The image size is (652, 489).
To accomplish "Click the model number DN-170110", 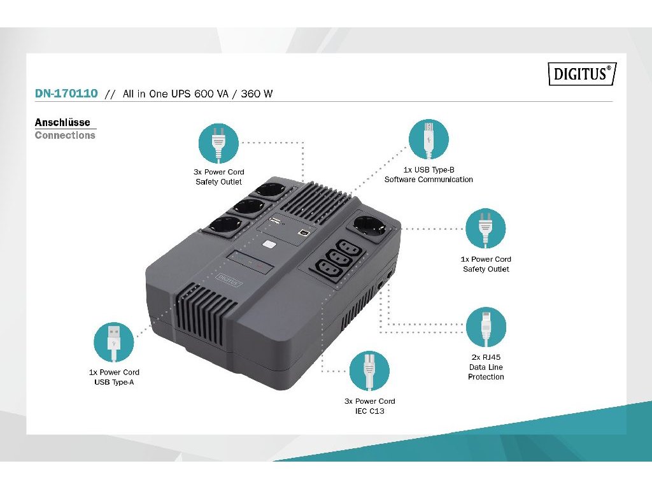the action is point(66,94).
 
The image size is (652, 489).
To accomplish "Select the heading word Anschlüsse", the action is point(62,122).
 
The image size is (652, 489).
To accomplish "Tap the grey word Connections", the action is point(65,135).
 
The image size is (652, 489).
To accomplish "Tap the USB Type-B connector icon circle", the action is point(429,139).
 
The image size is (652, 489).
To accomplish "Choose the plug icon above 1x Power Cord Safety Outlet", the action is point(486,229).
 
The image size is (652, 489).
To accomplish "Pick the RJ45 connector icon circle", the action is point(486,328).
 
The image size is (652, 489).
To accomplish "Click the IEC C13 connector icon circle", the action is point(369,371).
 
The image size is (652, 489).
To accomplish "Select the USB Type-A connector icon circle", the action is point(114,343).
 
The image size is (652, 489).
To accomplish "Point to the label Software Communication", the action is point(429,180).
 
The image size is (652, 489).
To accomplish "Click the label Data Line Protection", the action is point(486,372).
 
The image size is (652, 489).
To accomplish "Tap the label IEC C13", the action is point(369,411).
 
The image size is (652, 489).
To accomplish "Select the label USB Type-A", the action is point(114,382).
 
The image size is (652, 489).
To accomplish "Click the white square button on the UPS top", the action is point(269,244).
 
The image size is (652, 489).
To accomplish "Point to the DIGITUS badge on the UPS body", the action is point(229,278).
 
